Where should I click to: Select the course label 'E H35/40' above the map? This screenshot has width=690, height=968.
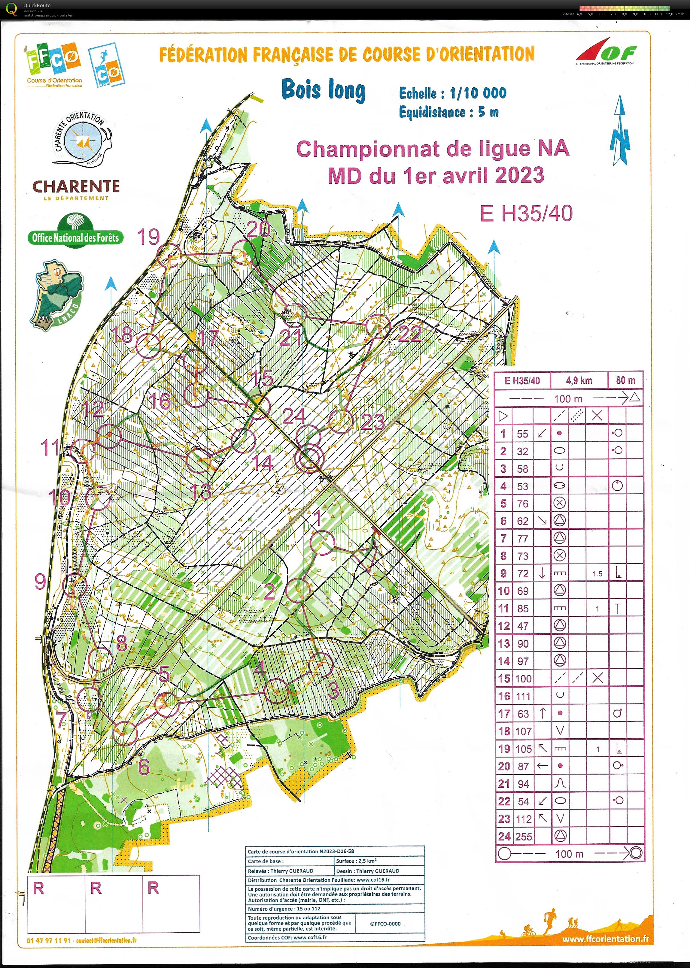point(526,213)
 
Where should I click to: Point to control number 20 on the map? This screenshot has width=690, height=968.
point(258,230)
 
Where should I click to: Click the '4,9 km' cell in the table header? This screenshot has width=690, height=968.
point(579,380)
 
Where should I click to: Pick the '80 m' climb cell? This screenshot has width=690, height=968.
point(625,380)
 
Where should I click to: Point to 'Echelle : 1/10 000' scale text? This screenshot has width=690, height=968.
point(452,93)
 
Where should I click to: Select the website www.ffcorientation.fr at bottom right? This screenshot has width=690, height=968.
point(606,939)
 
